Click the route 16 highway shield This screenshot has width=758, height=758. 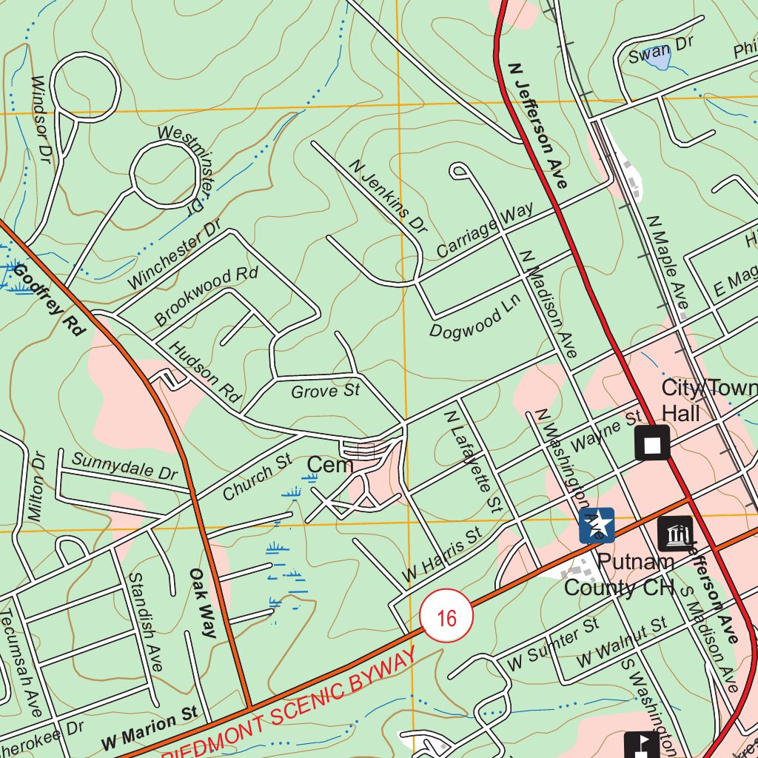(446, 617)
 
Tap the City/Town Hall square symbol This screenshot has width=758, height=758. (652, 444)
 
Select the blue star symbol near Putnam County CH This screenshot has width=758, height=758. (597, 526)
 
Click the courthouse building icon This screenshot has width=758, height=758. (675, 534)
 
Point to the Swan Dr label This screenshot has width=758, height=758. (660, 50)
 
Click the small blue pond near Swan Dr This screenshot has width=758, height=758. (656, 59)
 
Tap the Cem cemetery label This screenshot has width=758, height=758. (329, 465)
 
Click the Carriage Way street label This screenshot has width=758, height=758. (484, 230)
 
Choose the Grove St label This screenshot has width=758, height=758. (325, 390)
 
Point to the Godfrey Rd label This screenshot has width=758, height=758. (46, 301)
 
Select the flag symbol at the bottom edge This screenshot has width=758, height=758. (641, 745)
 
